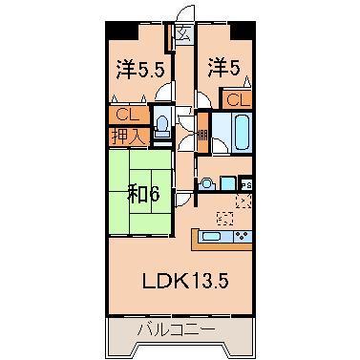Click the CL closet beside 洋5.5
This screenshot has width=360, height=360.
[124, 116]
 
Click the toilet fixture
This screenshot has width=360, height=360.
[162, 124]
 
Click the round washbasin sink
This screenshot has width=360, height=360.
[205, 183]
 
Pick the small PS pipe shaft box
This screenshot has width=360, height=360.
[246, 183]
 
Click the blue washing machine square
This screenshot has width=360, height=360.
[227, 182]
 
